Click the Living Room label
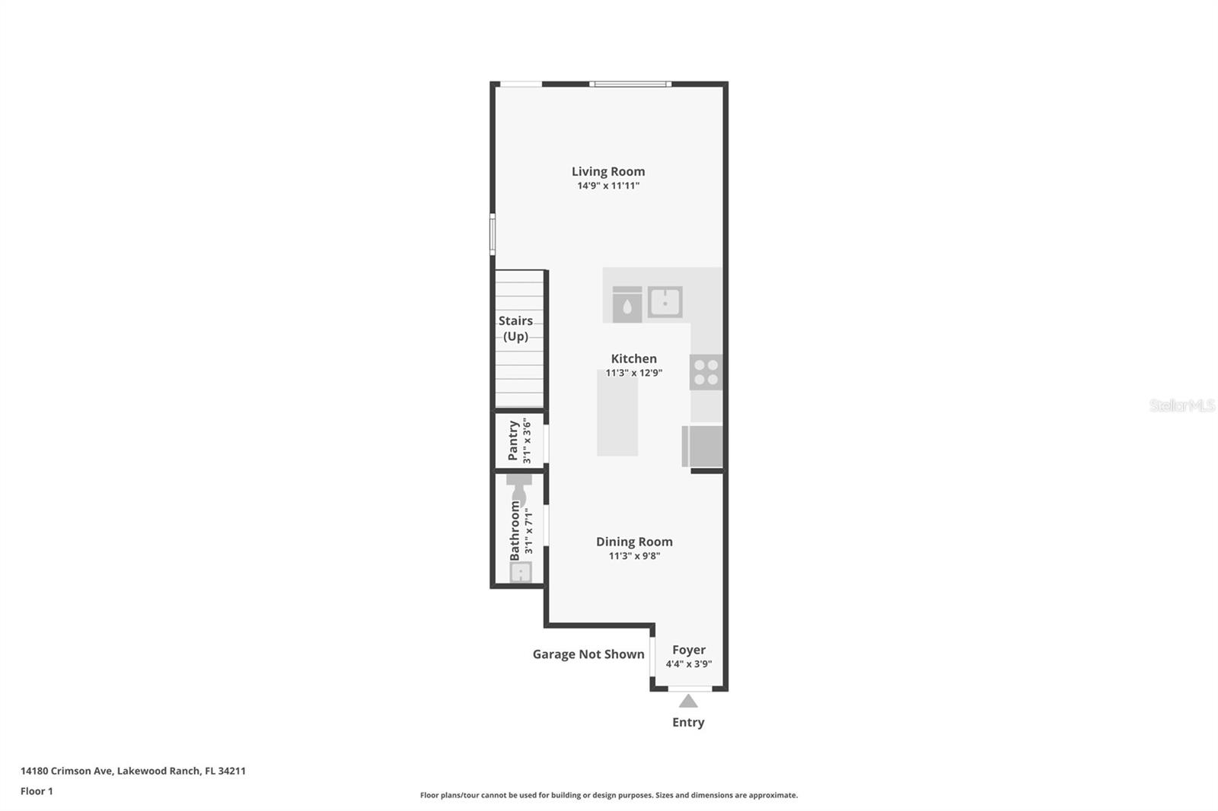(x=608, y=171)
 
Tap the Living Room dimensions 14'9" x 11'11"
(x=608, y=186)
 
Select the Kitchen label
(x=633, y=358)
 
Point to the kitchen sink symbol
(x=665, y=302)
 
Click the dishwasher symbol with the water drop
(x=627, y=305)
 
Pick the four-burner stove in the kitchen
(x=706, y=372)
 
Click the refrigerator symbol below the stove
(x=703, y=446)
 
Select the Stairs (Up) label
(x=515, y=329)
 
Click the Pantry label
(x=513, y=441)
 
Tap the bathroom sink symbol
(x=520, y=572)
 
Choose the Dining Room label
(x=634, y=542)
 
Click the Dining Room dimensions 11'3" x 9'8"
(x=634, y=556)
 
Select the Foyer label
(x=688, y=650)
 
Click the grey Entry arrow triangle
(x=688, y=701)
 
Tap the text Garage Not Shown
(x=588, y=654)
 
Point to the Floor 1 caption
(x=37, y=791)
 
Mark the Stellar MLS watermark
(x=1181, y=405)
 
